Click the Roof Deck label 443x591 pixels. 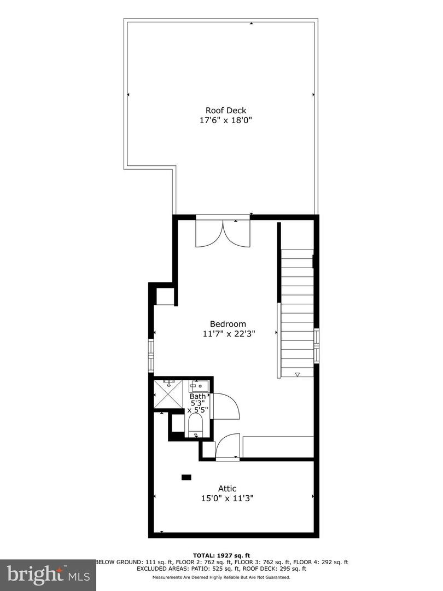coord(225,110)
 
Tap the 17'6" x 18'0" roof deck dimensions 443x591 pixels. coord(225,120)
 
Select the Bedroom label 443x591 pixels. coord(228,323)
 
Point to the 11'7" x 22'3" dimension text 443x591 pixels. coord(228,333)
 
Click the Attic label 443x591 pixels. coord(227,488)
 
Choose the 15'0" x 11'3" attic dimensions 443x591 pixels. coord(227,499)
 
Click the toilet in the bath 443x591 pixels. coord(195,425)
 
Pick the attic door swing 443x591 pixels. coord(228,446)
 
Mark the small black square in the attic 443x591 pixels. coord(187,477)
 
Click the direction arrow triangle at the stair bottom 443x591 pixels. coord(298,374)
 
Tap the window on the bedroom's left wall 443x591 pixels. coord(151,356)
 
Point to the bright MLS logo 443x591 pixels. coord(48,575)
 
